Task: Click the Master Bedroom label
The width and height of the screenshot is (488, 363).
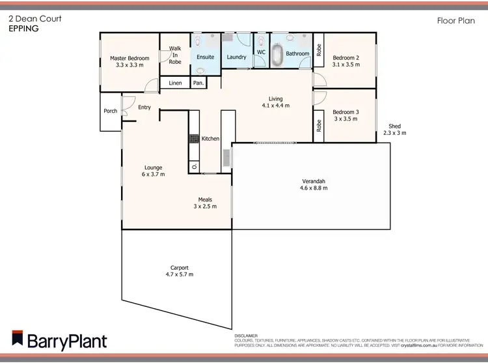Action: pos(129,59)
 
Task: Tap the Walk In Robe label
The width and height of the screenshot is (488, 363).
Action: pos(175,55)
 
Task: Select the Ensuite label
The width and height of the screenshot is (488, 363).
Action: pos(206,57)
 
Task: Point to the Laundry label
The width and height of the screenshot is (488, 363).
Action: pos(236,57)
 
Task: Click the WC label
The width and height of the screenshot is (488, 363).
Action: pos(261,52)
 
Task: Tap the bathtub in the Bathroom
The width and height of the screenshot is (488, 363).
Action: pos(278,55)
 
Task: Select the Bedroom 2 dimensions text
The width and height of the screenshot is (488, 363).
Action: pos(345,65)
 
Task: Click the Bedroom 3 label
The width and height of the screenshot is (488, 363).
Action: pos(345,112)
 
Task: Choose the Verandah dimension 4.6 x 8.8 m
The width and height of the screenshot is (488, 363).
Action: pos(313,188)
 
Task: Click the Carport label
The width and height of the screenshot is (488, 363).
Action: pos(180,267)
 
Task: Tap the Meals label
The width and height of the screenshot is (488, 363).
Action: pos(205,199)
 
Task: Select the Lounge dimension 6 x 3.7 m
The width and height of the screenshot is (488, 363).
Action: pos(154,175)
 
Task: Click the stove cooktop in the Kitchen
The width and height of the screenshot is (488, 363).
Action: pos(193,139)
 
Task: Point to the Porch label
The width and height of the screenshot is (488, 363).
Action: pos(111,111)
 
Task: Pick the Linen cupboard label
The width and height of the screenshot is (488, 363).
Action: pos(175,83)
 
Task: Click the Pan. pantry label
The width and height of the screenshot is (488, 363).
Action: pos(198,83)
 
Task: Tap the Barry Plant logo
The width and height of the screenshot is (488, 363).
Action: pos(59,340)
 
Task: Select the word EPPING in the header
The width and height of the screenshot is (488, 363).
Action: pos(23,29)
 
